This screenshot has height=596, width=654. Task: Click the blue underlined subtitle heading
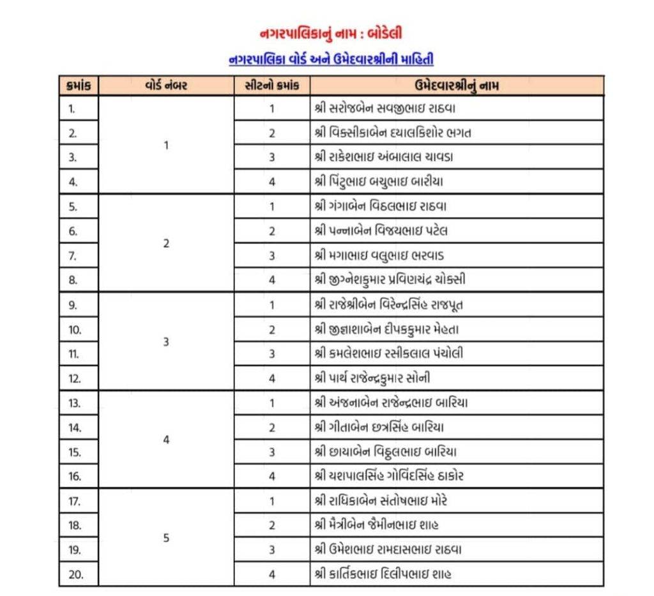click(x=331, y=60)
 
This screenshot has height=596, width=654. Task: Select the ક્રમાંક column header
click(x=79, y=86)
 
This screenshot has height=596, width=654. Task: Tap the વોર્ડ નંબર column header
click(x=166, y=86)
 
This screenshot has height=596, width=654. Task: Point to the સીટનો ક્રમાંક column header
click(x=271, y=86)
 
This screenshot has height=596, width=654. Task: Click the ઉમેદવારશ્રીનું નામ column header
click(x=457, y=86)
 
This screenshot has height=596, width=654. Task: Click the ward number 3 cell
click(x=166, y=342)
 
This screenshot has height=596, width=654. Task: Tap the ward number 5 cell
click(x=166, y=538)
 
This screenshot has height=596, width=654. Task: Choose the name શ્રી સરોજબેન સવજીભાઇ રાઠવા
click(x=384, y=109)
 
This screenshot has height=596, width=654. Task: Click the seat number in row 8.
click(x=271, y=280)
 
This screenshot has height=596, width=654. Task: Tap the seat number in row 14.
click(x=271, y=427)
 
